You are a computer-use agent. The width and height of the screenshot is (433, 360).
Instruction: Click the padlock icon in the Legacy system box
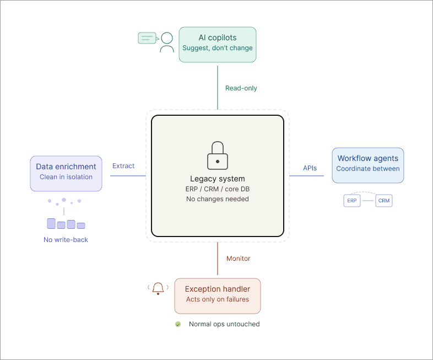click(218, 155)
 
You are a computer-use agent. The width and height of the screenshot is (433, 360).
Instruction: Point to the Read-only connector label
click(241, 88)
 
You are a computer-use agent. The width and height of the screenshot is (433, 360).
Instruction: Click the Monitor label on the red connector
click(239, 258)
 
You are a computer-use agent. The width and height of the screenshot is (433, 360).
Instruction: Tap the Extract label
click(124, 165)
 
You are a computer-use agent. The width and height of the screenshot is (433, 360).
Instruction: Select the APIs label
click(310, 168)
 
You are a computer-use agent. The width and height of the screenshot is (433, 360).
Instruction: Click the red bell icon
click(159, 288)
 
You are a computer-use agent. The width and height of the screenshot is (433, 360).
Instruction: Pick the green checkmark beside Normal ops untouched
click(178, 324)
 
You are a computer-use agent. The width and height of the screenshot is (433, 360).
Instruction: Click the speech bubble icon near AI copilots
click(147, 38)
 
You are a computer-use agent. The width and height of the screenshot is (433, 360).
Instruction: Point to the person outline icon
click(166, 42)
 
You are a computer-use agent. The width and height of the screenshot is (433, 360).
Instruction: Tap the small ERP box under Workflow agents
click(352, 201)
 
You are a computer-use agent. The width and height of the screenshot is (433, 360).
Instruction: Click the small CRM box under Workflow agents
click(384, 201)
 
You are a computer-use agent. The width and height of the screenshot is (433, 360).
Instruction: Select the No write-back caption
click(66, 240)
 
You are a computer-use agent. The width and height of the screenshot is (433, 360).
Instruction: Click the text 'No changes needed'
click(218, 198)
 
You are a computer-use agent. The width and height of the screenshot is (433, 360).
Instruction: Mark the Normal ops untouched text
click(224, 324)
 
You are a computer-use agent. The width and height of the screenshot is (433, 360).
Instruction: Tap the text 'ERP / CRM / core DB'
click(218, 189)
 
